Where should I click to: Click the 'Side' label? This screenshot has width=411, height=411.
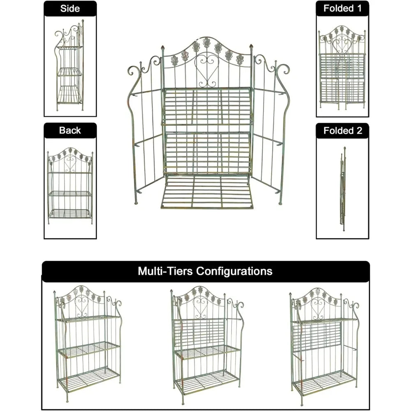point(70,9)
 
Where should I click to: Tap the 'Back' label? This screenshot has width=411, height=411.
point(70,130)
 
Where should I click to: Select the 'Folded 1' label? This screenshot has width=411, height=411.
point(342,8)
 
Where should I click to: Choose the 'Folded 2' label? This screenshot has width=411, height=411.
point(343,131)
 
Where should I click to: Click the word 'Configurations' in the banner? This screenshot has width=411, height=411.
point(234,271)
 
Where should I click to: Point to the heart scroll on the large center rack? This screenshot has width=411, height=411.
point(207,69)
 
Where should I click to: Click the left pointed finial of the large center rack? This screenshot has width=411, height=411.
point(162,48)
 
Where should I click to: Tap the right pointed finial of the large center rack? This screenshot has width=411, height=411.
point(251,47)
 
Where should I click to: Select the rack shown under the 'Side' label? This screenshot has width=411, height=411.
point(69,65)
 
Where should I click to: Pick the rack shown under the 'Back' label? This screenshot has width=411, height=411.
point(70,186)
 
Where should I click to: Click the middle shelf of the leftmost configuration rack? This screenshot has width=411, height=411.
point(89,349)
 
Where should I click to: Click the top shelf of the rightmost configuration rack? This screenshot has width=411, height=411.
point(325,320)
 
